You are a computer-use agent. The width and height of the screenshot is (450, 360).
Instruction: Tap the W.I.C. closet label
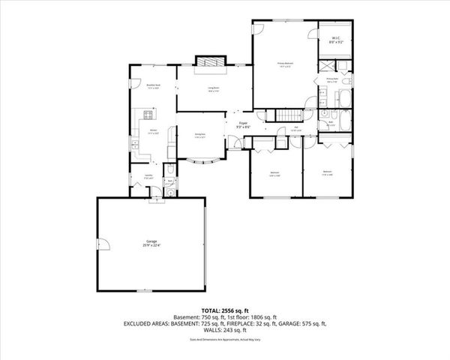pos(334,42)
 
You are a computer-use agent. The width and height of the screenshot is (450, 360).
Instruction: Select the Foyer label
pos(243,124)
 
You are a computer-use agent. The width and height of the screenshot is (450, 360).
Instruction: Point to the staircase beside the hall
pos(289,115)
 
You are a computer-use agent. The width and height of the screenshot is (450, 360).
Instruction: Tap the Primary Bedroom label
pos(284,64)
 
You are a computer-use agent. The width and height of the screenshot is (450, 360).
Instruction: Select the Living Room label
pos(213,89)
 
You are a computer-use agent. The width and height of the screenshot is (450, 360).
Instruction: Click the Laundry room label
pos(138,177)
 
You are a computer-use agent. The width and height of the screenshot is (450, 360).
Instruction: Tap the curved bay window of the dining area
pos(202,160)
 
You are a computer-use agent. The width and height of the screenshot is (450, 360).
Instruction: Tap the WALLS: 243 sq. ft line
pos(225,329)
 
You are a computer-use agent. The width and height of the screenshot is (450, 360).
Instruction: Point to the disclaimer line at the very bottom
pos(225,338)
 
